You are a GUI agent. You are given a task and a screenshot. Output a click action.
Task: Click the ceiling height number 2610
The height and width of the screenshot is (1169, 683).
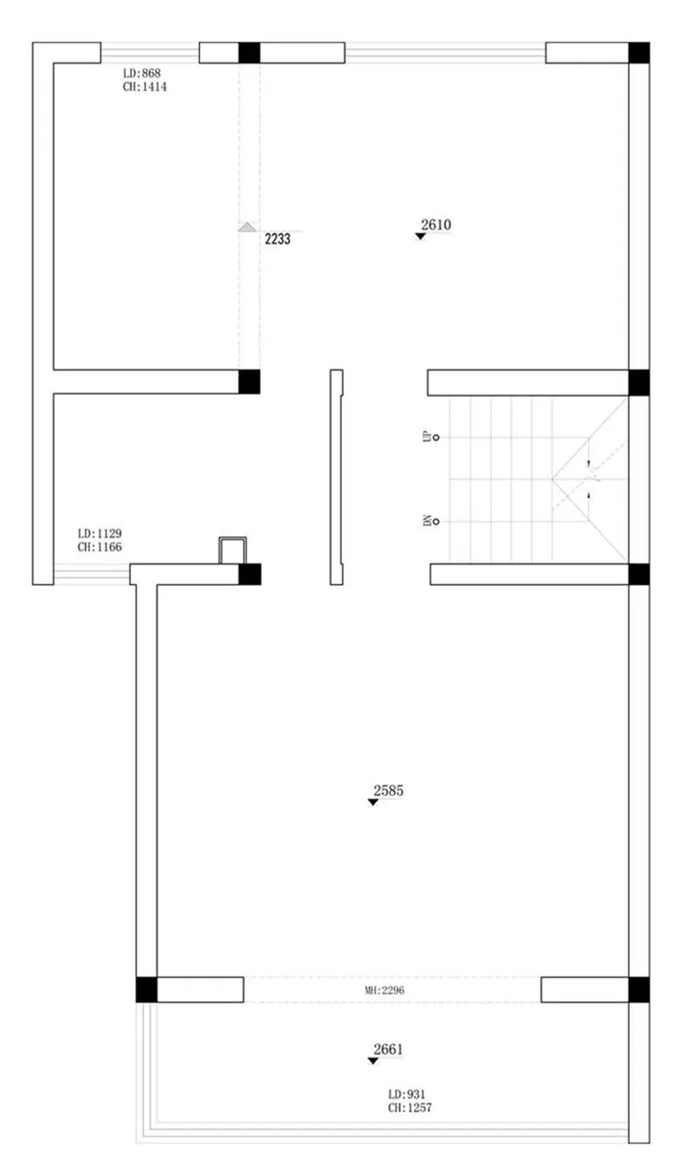(436, 225)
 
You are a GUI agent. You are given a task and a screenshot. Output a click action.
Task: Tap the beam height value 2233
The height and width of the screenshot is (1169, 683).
(277, 239)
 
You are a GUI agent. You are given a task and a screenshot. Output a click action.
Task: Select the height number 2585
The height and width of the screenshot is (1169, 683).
(388, 790)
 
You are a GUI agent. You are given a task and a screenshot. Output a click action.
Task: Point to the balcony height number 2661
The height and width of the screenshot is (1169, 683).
(388, 1049)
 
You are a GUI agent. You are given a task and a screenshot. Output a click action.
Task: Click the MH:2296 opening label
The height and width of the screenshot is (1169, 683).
(384, 990)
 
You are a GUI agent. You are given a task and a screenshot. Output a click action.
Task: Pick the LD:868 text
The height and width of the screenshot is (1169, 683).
(142, 73)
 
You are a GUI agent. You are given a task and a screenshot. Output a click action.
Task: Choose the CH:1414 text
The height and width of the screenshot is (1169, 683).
(144, 87)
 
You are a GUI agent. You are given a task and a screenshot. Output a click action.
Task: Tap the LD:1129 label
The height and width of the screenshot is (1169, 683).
(99, 533)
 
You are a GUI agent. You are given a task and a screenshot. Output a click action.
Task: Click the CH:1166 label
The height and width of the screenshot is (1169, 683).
(99, 547)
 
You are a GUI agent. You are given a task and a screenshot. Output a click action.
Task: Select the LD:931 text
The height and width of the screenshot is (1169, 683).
(407, 1094)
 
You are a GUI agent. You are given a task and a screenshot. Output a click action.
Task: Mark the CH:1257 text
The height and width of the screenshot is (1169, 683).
(410, 1108)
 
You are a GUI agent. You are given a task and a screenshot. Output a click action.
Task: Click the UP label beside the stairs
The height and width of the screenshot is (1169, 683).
(427, 436)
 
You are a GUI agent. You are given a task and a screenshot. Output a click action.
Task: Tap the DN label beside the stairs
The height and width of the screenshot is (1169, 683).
(427, 520)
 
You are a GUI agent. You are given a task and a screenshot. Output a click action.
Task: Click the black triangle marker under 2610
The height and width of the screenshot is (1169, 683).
(421, 236)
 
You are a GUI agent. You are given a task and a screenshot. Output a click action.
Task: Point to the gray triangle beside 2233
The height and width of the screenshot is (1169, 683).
(247, 227)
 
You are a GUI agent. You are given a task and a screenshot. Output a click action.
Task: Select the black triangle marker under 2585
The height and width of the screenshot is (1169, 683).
(373, 802)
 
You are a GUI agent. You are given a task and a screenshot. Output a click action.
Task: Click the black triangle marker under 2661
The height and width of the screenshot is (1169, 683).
(373, 1061)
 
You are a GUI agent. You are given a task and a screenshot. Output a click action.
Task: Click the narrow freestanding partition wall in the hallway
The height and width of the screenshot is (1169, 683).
(337, 477)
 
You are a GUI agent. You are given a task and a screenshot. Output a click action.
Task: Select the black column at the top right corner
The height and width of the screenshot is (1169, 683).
(639, 52)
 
